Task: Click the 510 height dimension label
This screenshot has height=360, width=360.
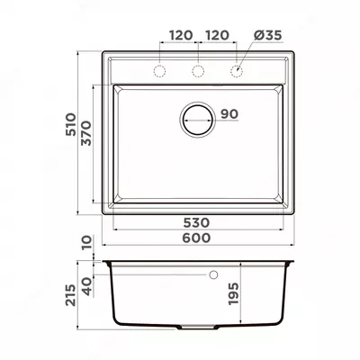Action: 71,124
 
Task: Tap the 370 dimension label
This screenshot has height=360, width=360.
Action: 86,133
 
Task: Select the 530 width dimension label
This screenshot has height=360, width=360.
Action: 196,223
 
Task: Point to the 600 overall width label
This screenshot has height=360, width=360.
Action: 196,238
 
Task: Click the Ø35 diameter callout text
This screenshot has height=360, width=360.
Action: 268,35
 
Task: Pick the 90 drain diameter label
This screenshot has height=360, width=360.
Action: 229,114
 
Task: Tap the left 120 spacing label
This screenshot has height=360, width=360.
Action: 181,35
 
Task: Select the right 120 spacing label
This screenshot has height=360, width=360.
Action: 217,35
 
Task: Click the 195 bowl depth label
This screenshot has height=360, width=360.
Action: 234,293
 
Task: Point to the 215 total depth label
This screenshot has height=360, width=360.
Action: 71,295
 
